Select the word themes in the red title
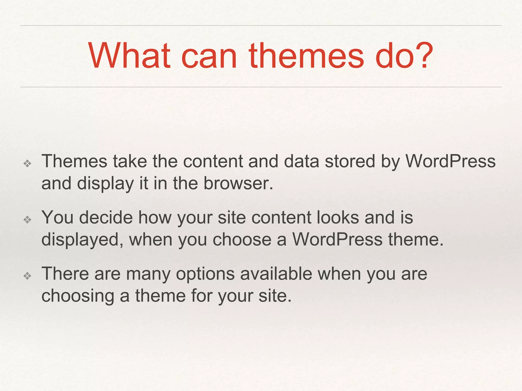pyautogui.click(x=306, y=56)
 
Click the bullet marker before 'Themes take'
pyautogui.click(x=27, y=163)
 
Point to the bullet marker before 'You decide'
pyautogui.click(x=27, y=219)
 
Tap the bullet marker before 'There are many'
pyautogui.click(x=27, y=276)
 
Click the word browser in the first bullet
pyautogui.click(x=238, y=183)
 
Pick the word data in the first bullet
pyautogui.click(x=301, y=161)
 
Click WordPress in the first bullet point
pyautogui.click(x=450, y=161)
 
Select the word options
pyautogui.click(x=205, y=274)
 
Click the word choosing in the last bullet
pyautogui.click(x=78, y=296)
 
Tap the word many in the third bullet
pyautogui.click(x=148, y=274)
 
